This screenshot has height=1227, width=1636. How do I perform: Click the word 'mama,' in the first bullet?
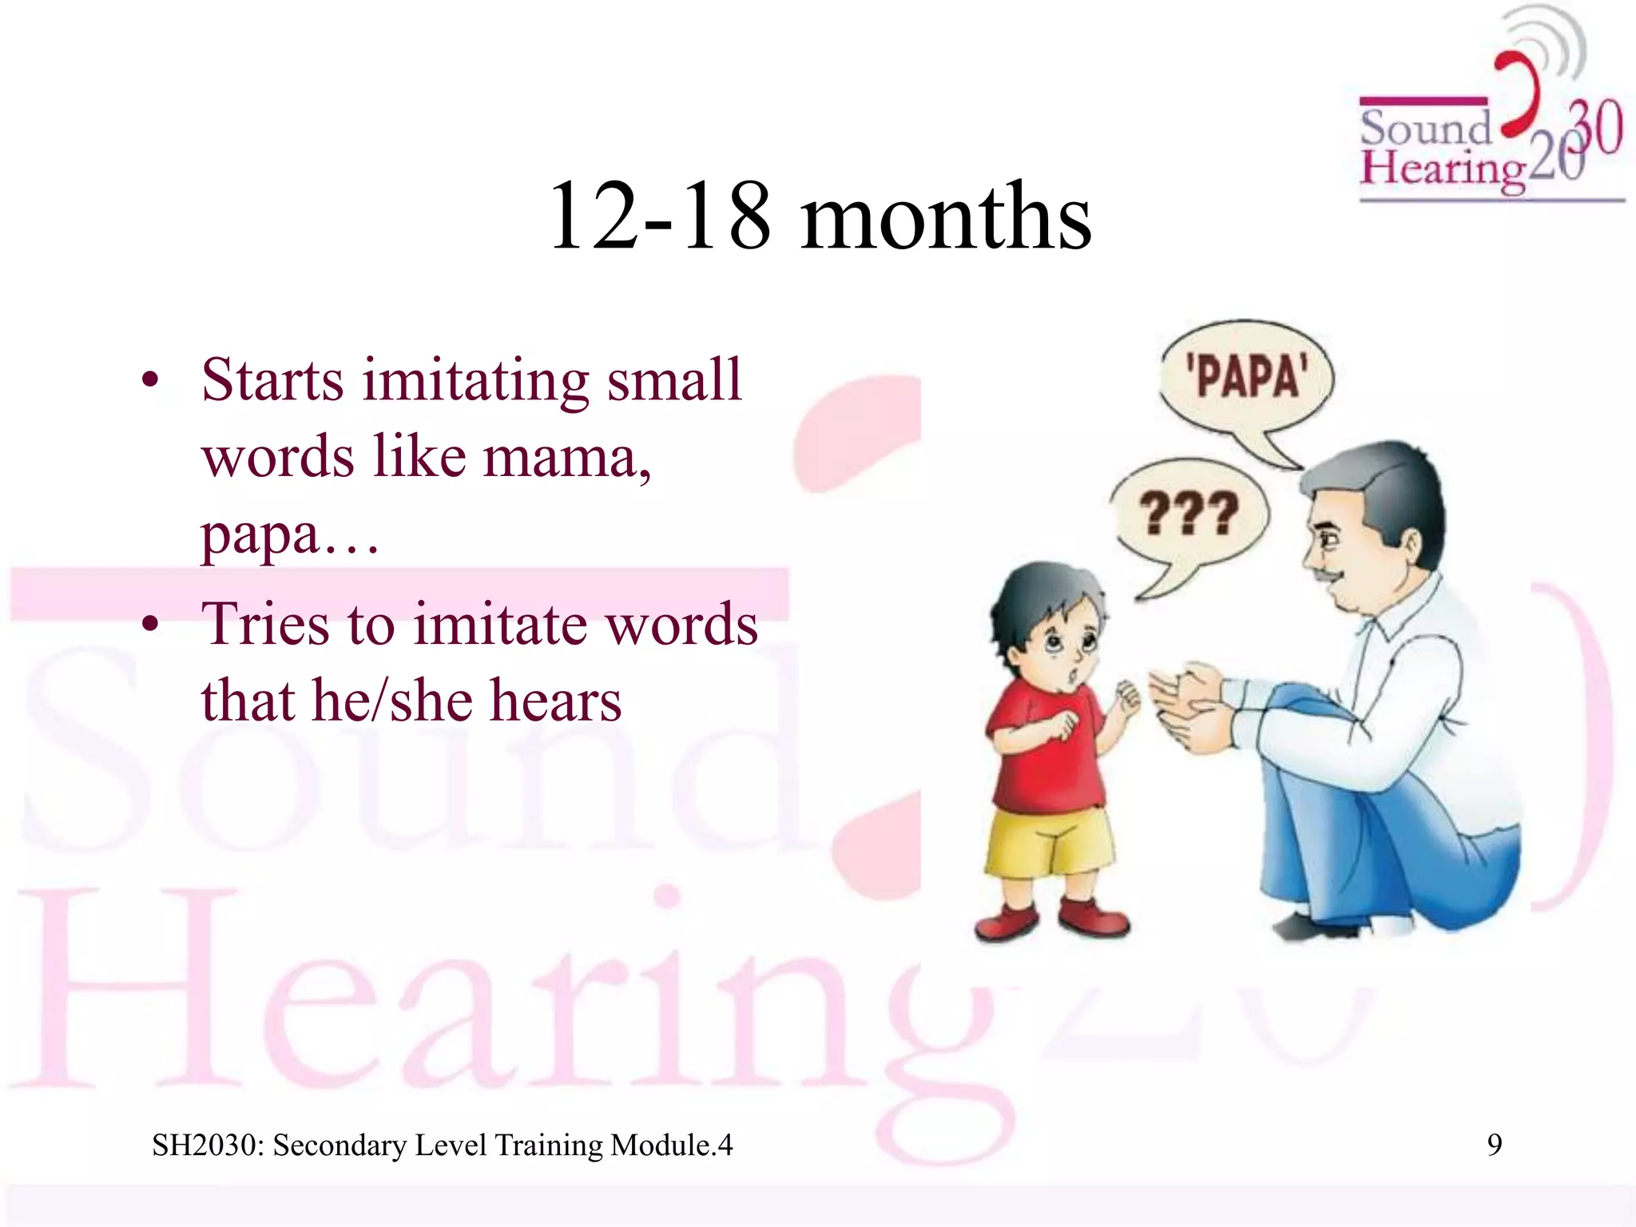tap(566, 459)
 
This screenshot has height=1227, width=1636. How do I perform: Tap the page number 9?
tap(1494, 1145)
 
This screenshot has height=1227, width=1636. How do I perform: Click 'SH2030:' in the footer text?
tap(208, 1146)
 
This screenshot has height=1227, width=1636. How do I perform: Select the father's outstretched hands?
tap(1190, 703)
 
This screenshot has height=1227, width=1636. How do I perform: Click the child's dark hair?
tap(1038, 595)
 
